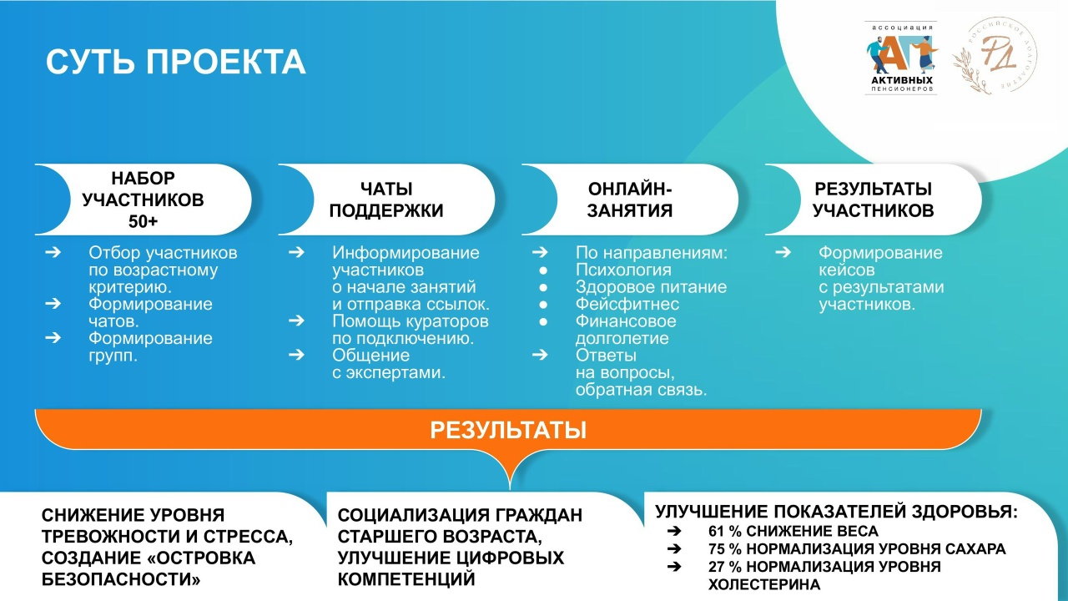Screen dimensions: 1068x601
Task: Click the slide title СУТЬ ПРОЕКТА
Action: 175,62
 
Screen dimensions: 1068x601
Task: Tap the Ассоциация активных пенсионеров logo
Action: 900,58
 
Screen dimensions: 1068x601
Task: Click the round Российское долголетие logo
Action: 995,56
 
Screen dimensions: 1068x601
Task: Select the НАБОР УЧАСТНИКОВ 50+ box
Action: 143,199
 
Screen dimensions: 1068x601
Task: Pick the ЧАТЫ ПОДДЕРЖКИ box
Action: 386,199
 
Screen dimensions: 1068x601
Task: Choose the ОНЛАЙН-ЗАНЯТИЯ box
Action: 630,199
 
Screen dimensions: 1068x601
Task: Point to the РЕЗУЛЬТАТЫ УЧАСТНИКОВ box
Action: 874,199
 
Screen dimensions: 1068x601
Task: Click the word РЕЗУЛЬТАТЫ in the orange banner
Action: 508,430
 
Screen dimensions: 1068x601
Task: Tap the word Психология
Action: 623,270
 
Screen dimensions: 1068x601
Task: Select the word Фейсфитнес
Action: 627,305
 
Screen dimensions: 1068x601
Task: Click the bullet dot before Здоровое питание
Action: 543,288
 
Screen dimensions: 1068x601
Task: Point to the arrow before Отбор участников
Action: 53,252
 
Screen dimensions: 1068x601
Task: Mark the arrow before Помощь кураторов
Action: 296,321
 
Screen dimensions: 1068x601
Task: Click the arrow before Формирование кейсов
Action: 783,252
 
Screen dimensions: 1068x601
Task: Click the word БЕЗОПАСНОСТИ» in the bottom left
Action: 121,579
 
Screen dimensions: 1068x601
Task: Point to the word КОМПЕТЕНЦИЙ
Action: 406,579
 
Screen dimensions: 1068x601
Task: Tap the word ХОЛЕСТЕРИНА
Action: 764,584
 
